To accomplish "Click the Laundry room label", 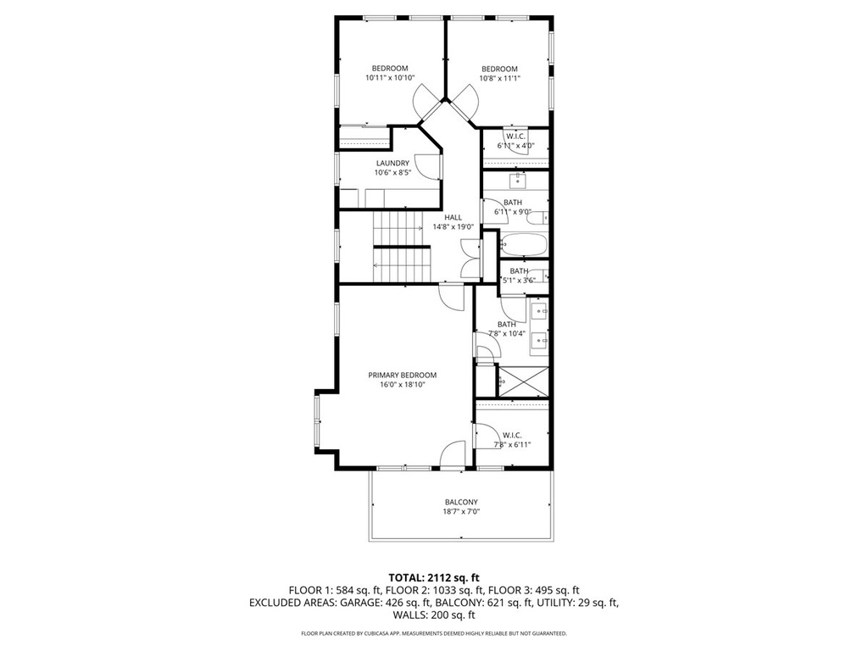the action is pos(392,164).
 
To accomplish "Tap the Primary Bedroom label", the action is pos(403,375).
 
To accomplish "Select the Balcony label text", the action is pos(461,502).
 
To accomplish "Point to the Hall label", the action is pos(453,218).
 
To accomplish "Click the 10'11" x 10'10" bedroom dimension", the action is pos(390,78).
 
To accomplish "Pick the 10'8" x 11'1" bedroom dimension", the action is pos(499,79).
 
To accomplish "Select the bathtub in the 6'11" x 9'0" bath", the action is pos(524,244).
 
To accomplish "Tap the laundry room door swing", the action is pos(427,166).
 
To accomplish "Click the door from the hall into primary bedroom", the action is pos(451,298).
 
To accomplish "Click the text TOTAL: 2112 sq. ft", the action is pos(433,578).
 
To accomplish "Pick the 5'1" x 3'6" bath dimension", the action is pos(518,280).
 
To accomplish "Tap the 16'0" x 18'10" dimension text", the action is pos(403,384).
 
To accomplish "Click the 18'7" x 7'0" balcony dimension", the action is pos(461,511).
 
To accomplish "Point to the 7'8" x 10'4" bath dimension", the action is pos(507,333).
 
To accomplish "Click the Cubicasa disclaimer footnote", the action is pos(433,632).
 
